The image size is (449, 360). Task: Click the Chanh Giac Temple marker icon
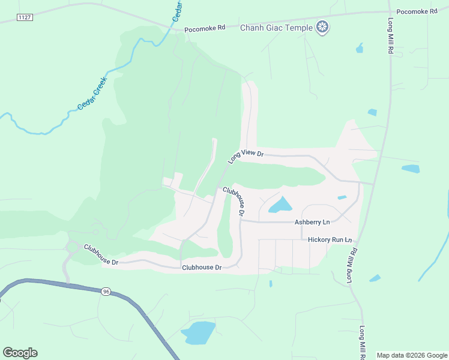click(322, 27)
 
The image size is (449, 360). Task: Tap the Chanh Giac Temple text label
click(276, 28)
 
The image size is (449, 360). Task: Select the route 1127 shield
click(25, 17)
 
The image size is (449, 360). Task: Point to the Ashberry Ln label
click(312, 222)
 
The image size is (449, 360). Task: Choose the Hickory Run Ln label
click(329, 239)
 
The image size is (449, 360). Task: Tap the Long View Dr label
click(246, 156)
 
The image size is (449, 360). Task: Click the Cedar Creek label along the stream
click(92, 94)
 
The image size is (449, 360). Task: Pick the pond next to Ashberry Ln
click(280, 206)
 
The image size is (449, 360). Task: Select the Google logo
click(20, 353)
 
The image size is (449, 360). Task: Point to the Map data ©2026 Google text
click(412, 355)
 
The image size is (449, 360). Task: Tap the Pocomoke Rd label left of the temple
click(204, 28)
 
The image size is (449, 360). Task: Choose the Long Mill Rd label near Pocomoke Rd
click(390, 37)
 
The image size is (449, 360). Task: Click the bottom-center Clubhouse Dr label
click(202, 267)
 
